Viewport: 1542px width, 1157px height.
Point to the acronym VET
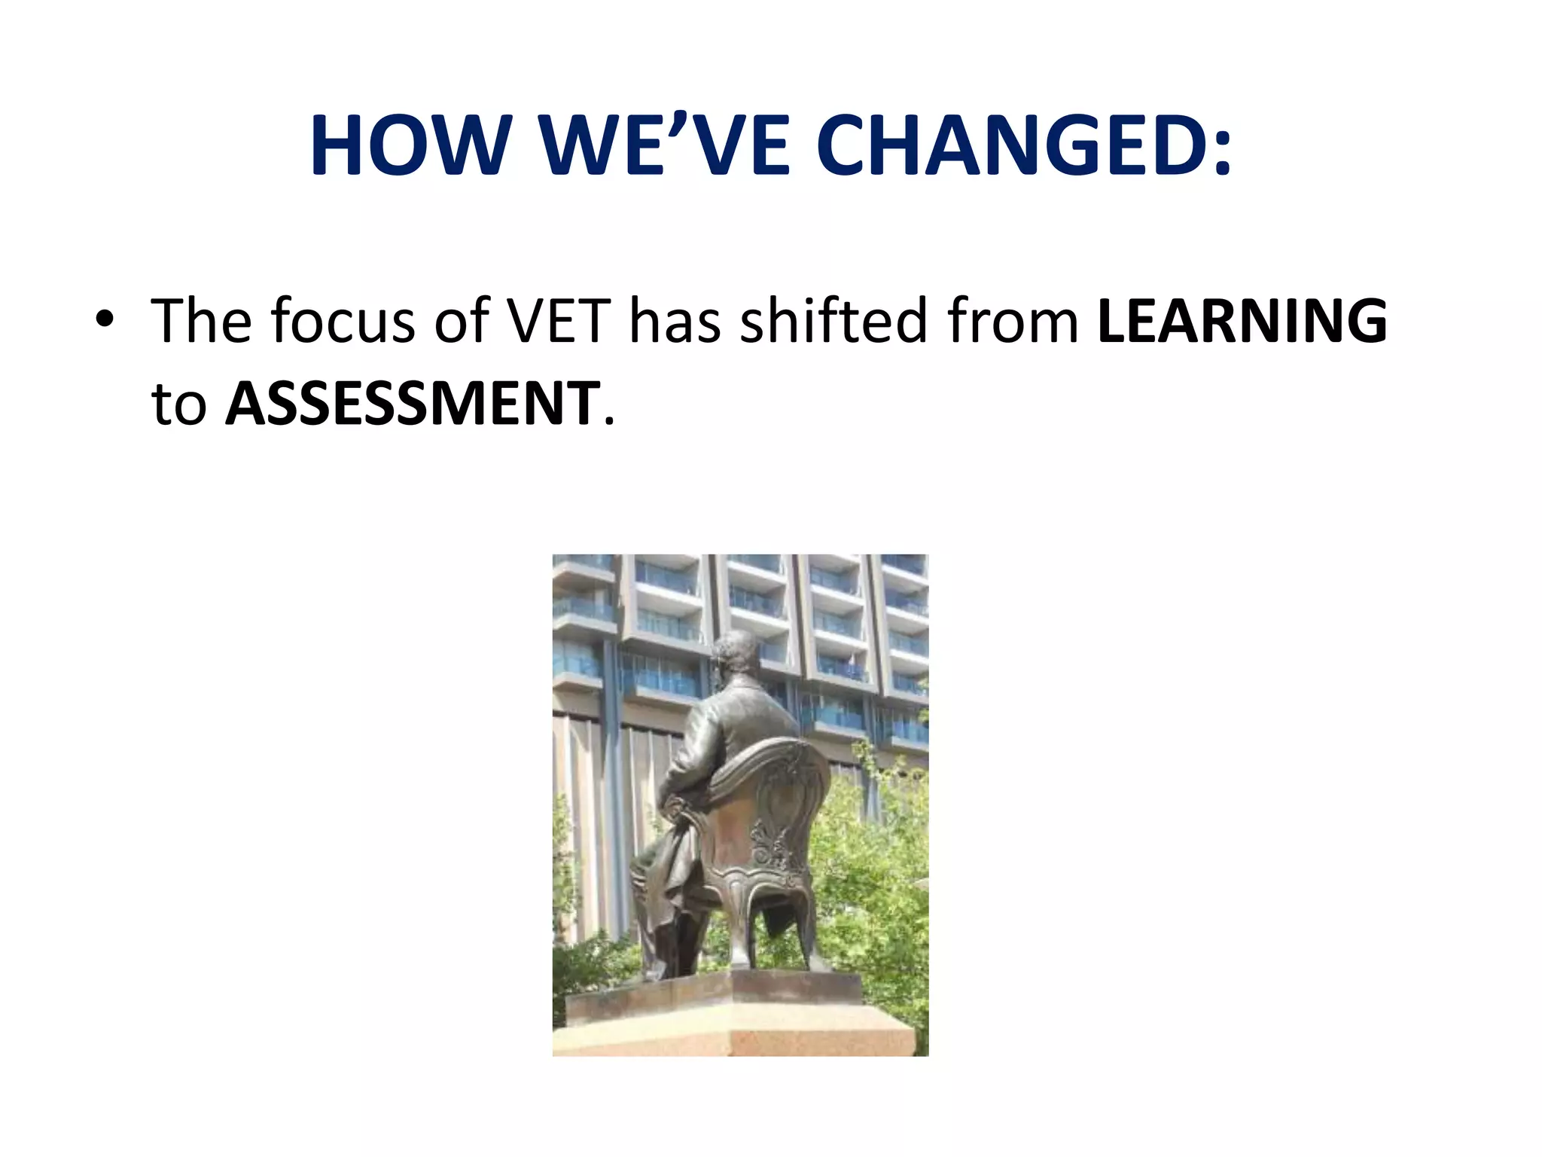[x=558, y=321]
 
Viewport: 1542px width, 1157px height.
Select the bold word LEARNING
[x=1242, y=321]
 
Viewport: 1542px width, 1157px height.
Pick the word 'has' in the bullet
[x=675, y=321]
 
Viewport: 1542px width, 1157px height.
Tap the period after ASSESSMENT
[x=609, y=421]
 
